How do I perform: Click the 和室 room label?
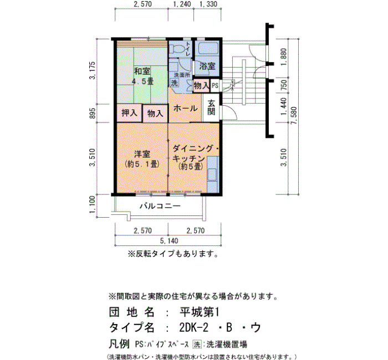[142, 71]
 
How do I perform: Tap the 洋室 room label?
[142, 155]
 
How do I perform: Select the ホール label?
[185, 109]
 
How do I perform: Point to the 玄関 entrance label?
[211, 107]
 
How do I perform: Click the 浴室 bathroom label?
[207, 66]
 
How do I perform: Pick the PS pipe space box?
[215, 85]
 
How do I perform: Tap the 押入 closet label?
[129, 113]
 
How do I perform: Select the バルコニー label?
[160, 206]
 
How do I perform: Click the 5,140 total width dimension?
[169, 240]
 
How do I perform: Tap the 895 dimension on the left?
[93, 113]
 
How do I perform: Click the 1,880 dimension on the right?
[284, 57]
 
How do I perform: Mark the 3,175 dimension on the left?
[93, 70]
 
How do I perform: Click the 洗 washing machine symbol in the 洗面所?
[175, 83]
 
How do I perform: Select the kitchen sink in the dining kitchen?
[212, 174]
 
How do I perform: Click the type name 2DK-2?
[194, 328]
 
